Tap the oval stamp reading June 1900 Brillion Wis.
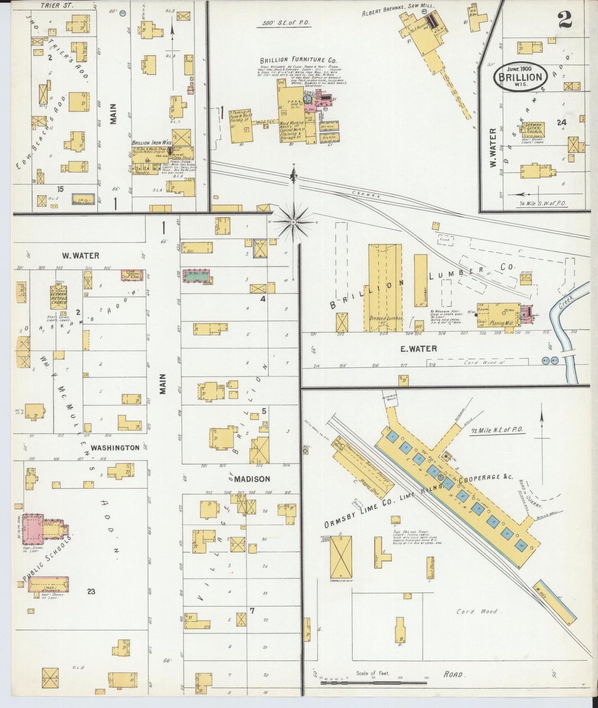[520, 76]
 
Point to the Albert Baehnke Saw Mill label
[388, 12]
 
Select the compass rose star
[293, 222]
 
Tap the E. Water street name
[418, 349]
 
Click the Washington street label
[115, 448]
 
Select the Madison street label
[252, 479]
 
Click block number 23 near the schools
[91, 591]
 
